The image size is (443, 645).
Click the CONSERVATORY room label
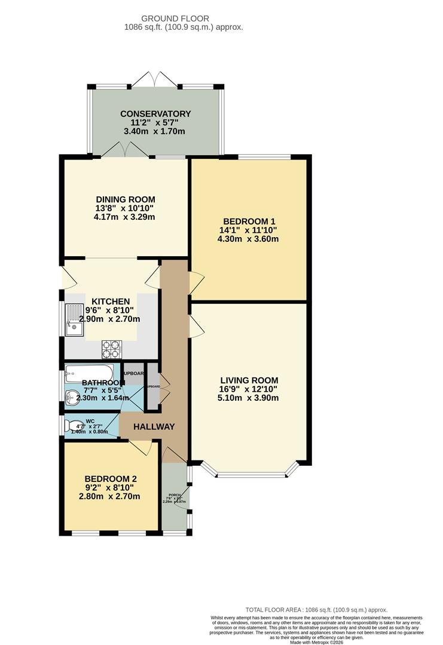[x=155, y=113]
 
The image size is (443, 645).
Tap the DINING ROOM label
[x=126, y=199]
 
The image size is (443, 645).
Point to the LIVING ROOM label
[x=249, y=380]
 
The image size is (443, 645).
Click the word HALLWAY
[x=154, y=426]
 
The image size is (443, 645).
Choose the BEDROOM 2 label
[x=111, y=478]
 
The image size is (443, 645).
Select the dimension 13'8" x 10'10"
[x=126, y=208]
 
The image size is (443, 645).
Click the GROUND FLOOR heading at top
[x=184, y=18]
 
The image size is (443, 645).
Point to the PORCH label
[x=174, y=495]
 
